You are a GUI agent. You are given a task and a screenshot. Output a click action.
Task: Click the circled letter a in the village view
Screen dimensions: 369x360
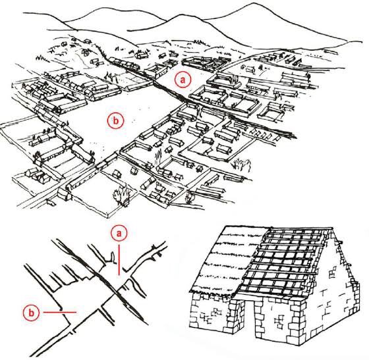point(183,80)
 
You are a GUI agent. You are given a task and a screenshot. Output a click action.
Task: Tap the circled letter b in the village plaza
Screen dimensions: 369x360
point(115,120)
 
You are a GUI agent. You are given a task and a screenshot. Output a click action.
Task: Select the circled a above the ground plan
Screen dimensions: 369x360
point(119,234)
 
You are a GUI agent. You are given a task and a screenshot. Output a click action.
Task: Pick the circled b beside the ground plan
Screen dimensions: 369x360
point(32,313)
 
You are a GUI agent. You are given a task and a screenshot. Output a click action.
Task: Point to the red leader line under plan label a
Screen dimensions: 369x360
point(119,260)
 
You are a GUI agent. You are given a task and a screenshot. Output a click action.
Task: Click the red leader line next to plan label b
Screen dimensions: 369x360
point(60,313)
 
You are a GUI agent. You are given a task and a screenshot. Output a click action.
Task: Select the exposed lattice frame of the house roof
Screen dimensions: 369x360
point(283,263)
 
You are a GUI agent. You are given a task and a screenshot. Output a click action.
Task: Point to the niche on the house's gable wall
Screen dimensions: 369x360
point(332,273)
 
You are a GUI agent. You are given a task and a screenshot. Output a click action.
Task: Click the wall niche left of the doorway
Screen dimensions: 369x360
point(212,314)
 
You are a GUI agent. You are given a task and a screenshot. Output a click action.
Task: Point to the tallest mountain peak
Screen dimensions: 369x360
point(254,3)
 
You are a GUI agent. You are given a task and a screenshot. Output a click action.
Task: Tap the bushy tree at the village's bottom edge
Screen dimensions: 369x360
point(121,194)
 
